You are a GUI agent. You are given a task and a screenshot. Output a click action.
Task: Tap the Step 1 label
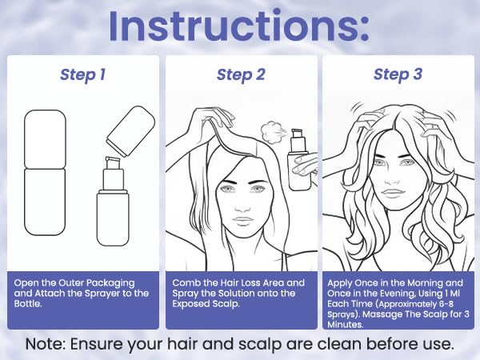click(82, 74)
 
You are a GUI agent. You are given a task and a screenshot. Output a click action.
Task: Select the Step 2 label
click(240, 74)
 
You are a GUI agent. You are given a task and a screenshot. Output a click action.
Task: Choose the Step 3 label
click(398, 74)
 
